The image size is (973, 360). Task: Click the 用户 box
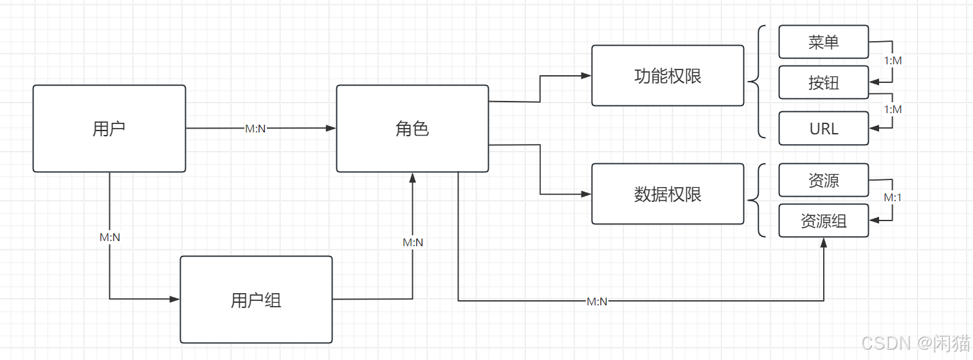pos(109,129)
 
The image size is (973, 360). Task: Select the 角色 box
pos(412,129)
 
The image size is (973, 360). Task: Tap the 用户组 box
pos(256,300)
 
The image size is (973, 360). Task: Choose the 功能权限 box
pos(668,75)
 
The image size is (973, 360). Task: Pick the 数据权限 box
pos(668,194)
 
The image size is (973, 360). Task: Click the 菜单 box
pos(823,42)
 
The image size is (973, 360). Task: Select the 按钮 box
pos(823,82)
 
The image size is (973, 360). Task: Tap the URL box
pos(823,129)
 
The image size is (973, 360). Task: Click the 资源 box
pos(823,180)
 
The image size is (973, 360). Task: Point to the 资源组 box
pos(823,221)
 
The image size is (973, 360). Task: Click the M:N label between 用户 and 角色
pos(255,129)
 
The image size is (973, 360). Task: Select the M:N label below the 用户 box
pos(110,237)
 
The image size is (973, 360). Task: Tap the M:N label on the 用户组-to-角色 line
pos(413,242)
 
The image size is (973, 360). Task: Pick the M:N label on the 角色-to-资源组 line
pos(597,301)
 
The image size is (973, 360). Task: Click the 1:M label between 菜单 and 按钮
pos(893,60)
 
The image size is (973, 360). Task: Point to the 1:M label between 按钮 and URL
pos(893,109)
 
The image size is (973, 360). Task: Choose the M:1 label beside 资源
pos(893,197)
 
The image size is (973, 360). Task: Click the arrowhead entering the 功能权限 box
pos(586,76)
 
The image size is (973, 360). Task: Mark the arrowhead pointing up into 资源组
pos(824,242)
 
